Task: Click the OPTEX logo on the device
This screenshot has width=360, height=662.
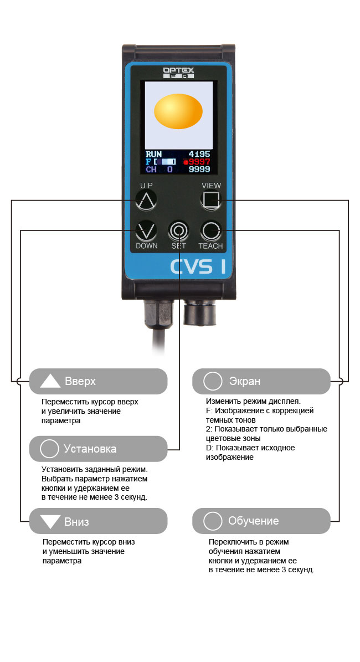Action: coord(178,73)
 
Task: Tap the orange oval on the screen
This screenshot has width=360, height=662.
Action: coord(178,111)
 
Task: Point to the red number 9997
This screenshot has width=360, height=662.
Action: coord(199,162)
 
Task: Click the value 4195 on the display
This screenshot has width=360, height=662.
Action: coord(199,154)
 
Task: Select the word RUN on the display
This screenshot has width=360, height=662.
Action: coord(153,154)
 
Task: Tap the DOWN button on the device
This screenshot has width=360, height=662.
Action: coord(146,230)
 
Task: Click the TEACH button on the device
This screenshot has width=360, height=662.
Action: coord(210,230)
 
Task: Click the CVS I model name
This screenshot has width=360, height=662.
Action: coord(198,266)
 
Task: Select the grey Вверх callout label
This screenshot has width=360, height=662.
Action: coord(99,381)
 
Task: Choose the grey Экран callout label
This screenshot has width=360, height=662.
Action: coord(261,381)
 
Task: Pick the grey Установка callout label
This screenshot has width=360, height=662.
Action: coord(99,449)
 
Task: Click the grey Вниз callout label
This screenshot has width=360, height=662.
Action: coord(99,521)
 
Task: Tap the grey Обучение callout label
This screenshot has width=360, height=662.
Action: coord(261,521)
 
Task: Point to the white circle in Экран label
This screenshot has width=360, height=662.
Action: coord(212,381)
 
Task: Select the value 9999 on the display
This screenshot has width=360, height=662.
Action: coord(199,170)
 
